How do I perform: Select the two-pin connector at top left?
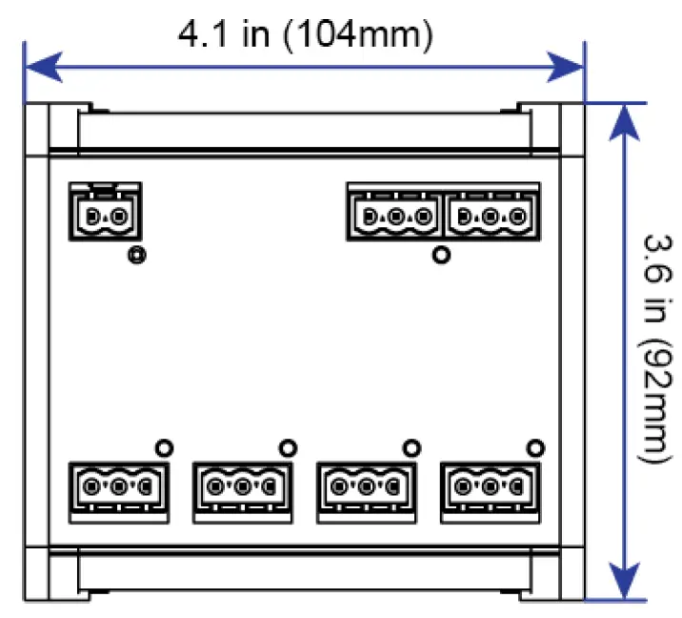[105, 214]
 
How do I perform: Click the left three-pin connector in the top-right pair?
[394, 214]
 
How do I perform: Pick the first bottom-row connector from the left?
[119, 487]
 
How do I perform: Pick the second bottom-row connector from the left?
[242, 487]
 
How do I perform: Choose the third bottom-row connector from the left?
[366, 487]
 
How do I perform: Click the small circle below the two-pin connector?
[137, 256]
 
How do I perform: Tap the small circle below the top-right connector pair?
[440, 255]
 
